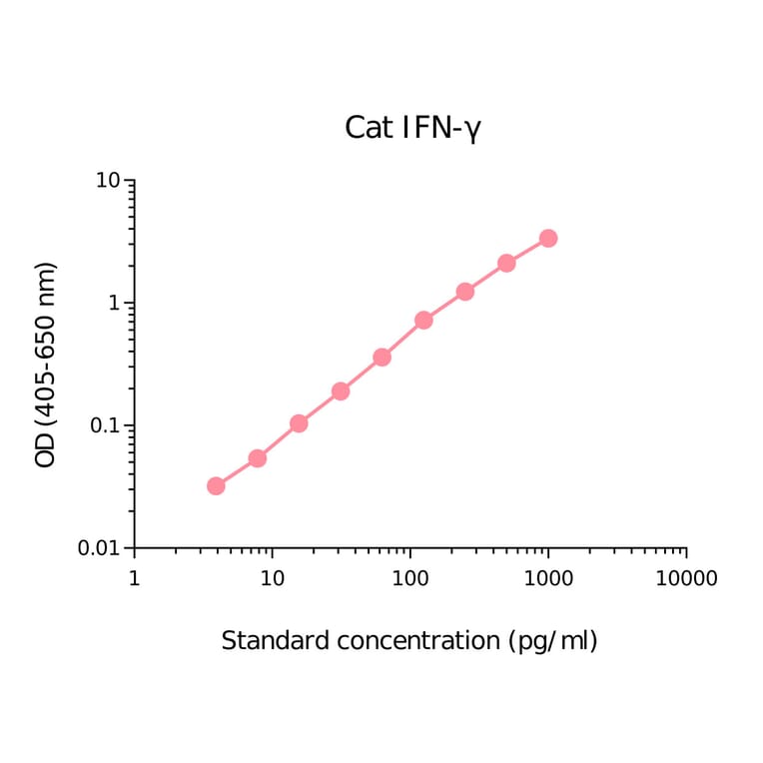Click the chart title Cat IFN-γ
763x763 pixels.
pyautogui.click(x=412, y=128)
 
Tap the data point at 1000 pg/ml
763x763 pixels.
pyautogui.click(x=548, y=239)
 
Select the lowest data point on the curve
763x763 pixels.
pyautogui.click(x=216, y=486)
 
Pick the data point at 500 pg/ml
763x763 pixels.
pyautogui.click(x=506, y=264)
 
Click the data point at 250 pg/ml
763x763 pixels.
pyautogui.click(x=465, y=292)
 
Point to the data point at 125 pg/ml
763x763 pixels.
pyautogui.click(x=423, y=321)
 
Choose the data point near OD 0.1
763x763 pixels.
pyautogui.click(x=299, y=423)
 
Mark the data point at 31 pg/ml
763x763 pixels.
pyautogui.click(x=341, y=391)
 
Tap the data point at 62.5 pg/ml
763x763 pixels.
pyautogui.click(x=381, y=358)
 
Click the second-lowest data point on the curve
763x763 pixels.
pyautogui.click(x=257, y=458)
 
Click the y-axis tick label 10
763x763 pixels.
pyautogui.click(x=108, y=181)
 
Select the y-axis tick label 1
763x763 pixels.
pyautogui.click(x=114, y=304)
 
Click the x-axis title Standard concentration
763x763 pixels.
pyautogui.click(x=408, y=641)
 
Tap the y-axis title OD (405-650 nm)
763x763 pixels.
pyautogui.click(x=46, y=366)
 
